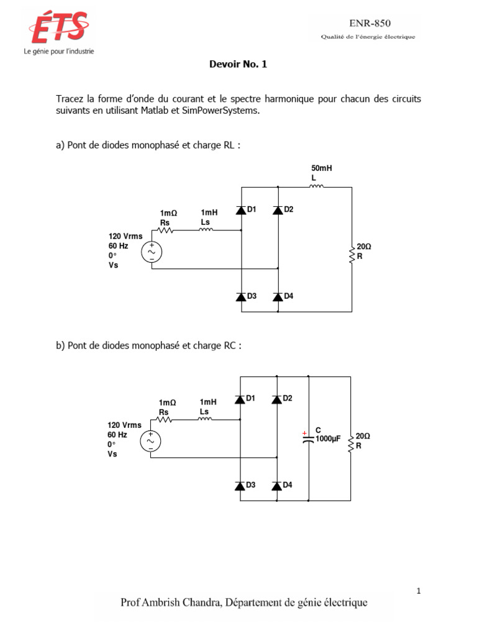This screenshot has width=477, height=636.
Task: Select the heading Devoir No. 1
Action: [x=238, y=64]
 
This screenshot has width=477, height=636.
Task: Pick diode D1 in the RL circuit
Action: [x=241, y=210]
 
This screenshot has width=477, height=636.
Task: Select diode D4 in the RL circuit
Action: [x=278, y=297]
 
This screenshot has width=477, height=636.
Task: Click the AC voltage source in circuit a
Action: [x=152, y=252]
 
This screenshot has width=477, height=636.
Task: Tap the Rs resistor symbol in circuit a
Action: [x=165, y=230]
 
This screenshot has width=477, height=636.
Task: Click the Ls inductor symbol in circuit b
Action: [x=205, y=419]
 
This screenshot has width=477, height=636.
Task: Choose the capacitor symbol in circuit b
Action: [x=307, y=438]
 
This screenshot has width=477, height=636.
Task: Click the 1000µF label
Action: [x=329, y=438]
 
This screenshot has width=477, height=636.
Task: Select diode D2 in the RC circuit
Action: [x=277, y=399]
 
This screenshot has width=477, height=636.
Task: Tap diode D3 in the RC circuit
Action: [x=240, y=486]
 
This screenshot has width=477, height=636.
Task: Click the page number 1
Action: [x=419, y=591]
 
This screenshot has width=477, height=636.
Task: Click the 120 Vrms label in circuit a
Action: [x=125, y=236]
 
